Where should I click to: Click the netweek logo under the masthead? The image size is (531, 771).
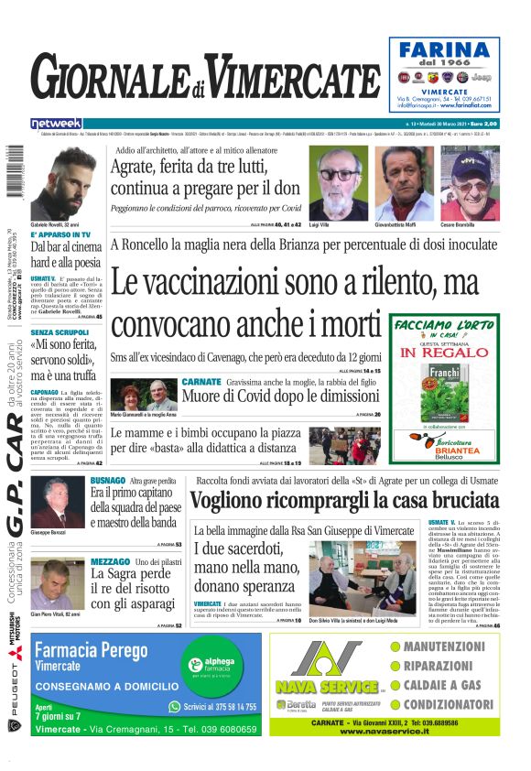point(56,123)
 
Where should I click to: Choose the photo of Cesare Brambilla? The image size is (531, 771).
point(470,183)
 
